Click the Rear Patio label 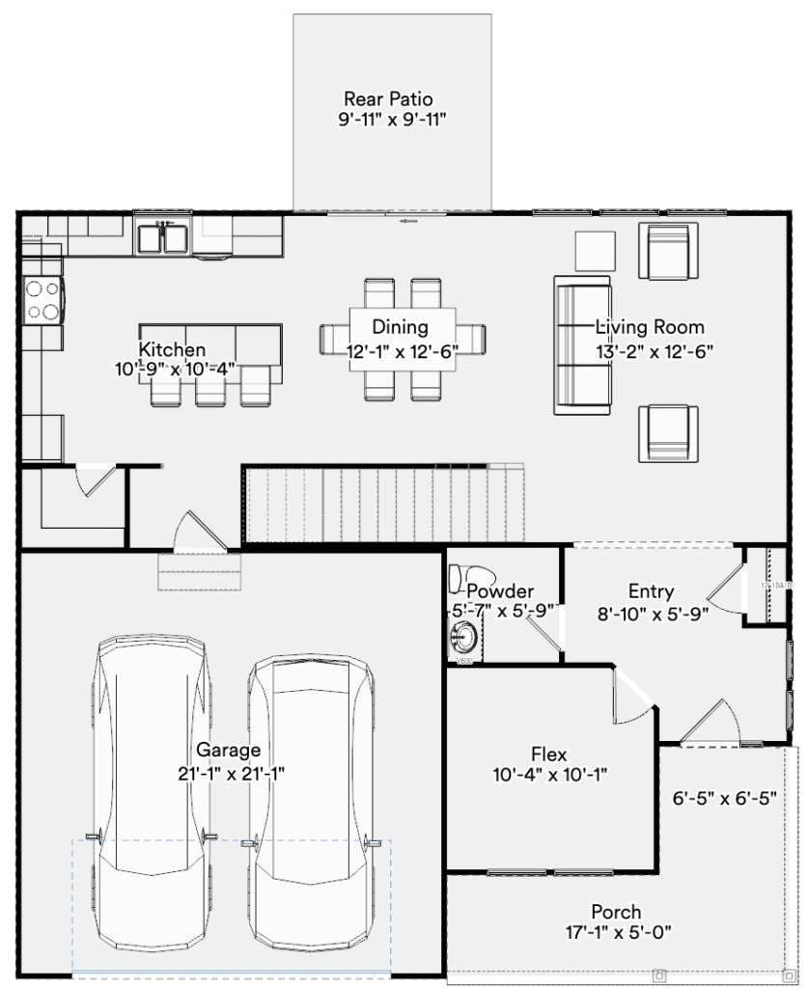pyautogui.click(x=388, y=98)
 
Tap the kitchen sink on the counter pyautogui.click(x=161, y=237)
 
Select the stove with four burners pyautogui.click(x=42, y=298)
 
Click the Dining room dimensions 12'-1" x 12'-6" pyautogui.click(x=401, y=352)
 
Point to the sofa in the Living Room pyautogui.click(x=580, y=344)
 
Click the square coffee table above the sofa pyautogui.click(x=595, y=251)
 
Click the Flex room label pyautogui.click(x=548, y=754)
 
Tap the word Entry pyautogui.click(x=651, y=591)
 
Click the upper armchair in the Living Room pyautogui.click(x=669, y=251)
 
